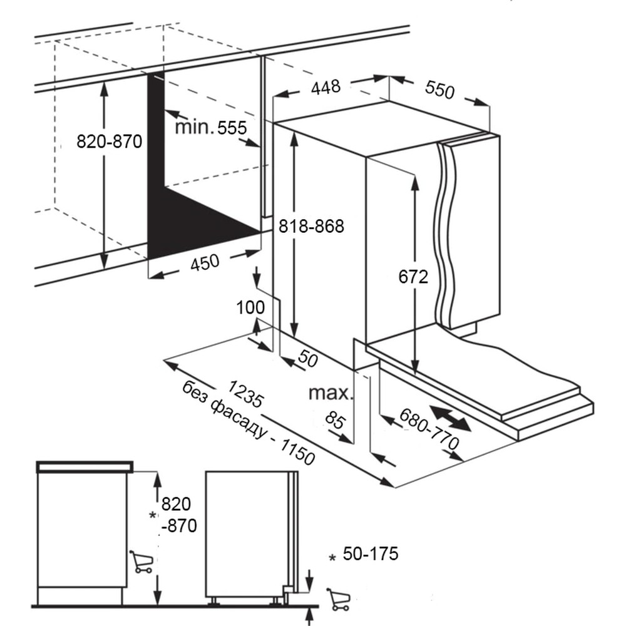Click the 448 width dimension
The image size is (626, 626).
pos(326,86)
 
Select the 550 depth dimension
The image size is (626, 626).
pos(439,90)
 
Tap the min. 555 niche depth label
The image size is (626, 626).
pos(211,128)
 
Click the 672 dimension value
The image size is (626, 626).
pos(414,276)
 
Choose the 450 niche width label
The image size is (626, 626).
pos(205,262)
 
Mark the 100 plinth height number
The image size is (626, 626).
pos(250,307)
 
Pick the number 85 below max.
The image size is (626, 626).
pos(336,421)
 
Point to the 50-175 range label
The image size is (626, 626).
pos(371,554)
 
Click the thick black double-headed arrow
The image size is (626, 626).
pos(450,418)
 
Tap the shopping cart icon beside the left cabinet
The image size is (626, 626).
pos(141,562)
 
